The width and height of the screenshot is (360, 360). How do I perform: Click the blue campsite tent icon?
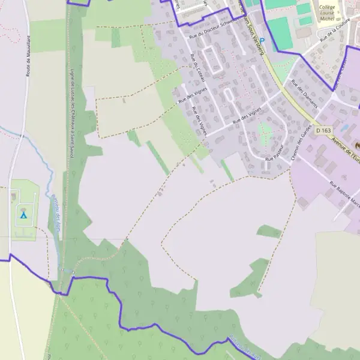point(23,214)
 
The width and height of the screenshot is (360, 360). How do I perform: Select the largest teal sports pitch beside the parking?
point(279,33)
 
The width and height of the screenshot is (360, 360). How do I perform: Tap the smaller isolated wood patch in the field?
point(269,231)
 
